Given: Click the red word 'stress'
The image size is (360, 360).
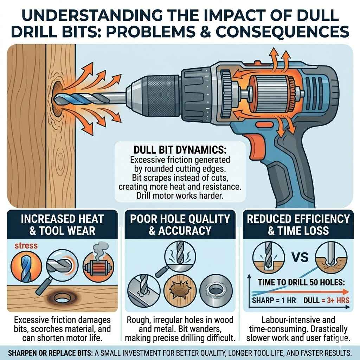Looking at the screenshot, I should click(x=26, y=245).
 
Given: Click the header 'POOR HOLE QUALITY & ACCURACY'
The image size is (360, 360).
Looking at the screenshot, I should click(x=180, y=224).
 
